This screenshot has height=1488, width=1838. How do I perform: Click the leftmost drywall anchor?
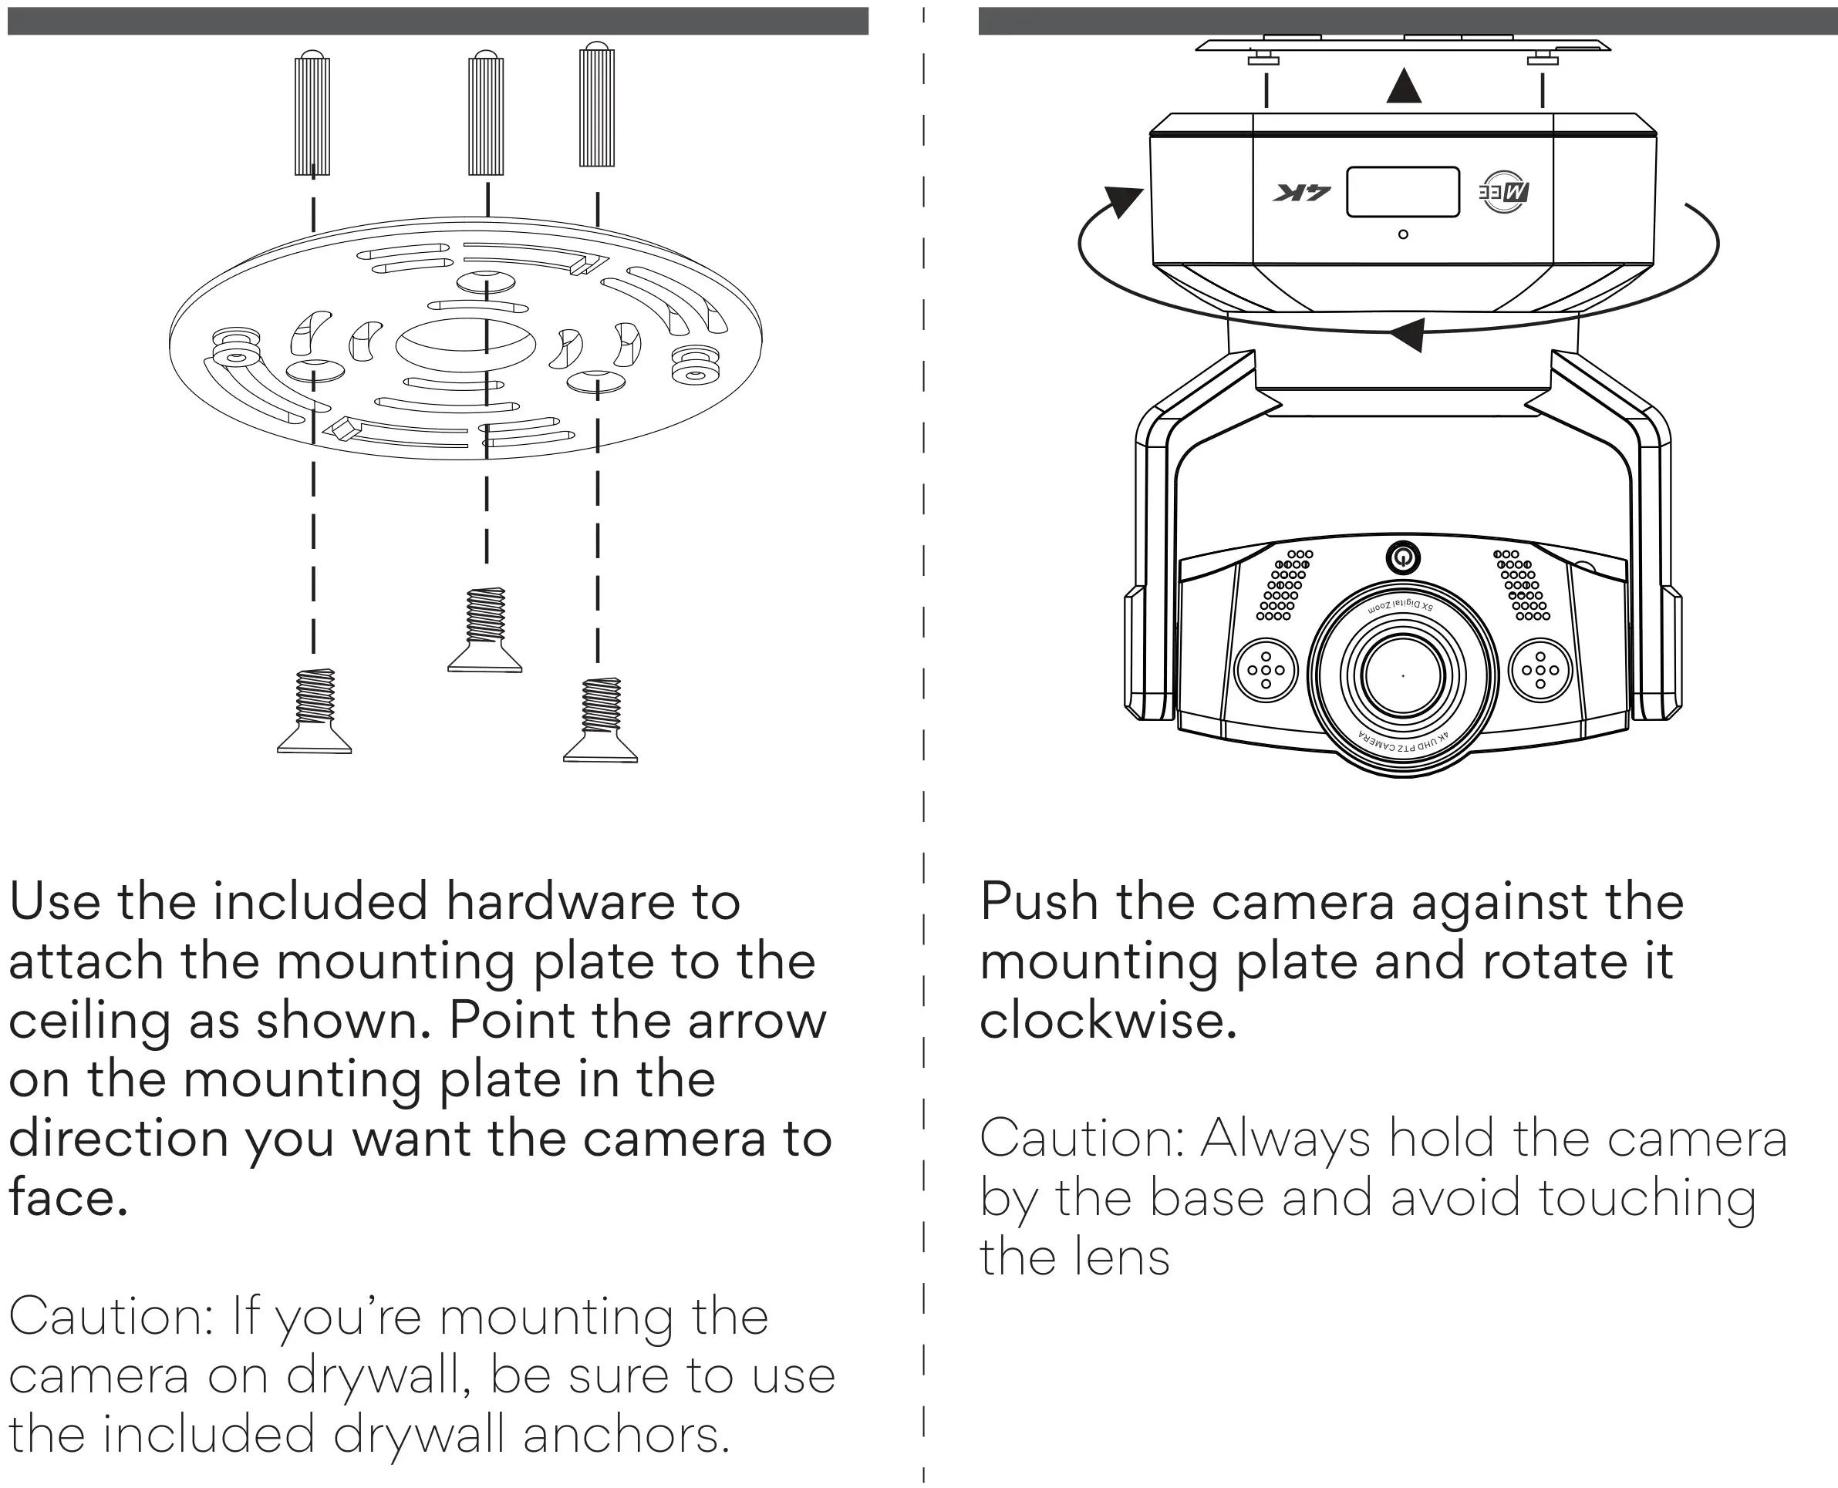point(312,114)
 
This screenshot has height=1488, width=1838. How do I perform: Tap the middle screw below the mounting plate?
point(485,629)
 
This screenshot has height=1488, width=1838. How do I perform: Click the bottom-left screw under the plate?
point(315,711)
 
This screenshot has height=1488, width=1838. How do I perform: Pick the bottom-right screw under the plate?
point(600,719)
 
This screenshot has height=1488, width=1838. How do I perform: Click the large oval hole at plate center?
point(466,345)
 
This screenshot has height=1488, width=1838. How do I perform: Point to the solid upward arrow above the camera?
point(1403,86)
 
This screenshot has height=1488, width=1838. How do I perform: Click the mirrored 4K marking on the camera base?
point(1301,193)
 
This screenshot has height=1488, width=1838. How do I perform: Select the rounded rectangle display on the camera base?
point(1402,192)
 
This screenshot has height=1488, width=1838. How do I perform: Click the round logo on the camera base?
point(1505,192)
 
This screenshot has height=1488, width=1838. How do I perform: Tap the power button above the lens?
point(1402,559)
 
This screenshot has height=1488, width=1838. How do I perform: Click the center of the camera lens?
point(1402,675)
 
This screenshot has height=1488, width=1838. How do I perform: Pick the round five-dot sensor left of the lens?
point(1266,670)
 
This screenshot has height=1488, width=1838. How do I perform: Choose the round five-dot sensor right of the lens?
point(1540,670)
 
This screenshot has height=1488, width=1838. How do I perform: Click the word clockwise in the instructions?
point(1108,1021)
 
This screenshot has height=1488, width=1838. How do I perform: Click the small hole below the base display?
point(1402,234)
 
